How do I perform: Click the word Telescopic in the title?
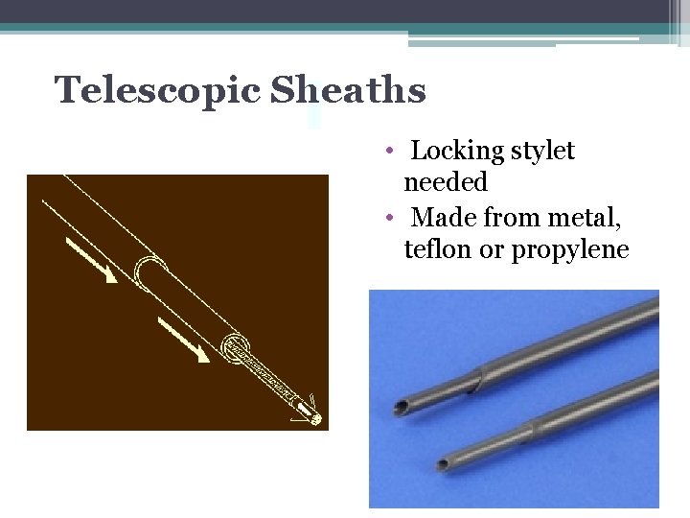coord(157,90)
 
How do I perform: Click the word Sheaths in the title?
coord(348,90)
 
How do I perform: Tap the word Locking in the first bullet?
coord(457,151)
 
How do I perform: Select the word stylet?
coord(542,151)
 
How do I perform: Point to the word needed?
coord(446,181)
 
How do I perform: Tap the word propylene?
coord(569,251)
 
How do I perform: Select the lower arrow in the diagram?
coord(183,340)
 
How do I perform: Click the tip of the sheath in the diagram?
coord(315,418)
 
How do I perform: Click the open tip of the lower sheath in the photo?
coord(442,466)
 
